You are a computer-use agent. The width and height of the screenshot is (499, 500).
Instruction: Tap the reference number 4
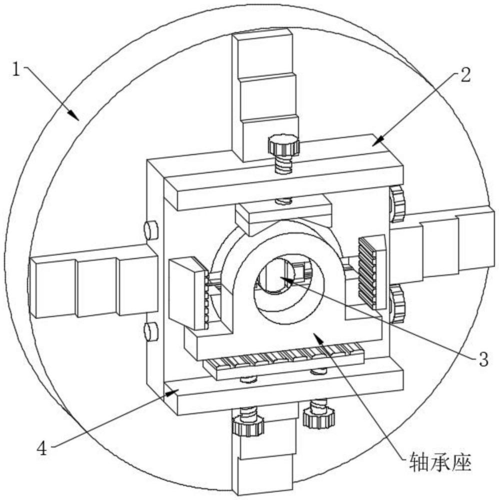42,449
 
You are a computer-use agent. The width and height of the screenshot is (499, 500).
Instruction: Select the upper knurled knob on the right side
397,204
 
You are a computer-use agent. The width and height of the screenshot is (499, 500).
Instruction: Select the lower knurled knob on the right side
397,303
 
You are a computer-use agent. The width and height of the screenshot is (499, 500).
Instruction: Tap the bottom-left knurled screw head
248,426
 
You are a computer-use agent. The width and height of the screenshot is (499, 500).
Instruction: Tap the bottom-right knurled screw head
319,417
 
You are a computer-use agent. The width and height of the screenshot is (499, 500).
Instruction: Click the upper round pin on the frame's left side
151,230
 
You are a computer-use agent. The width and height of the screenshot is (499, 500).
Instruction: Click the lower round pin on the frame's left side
151,331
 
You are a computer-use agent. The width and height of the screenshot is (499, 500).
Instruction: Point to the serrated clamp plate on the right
372,272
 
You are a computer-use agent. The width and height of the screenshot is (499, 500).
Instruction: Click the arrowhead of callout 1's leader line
74,115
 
